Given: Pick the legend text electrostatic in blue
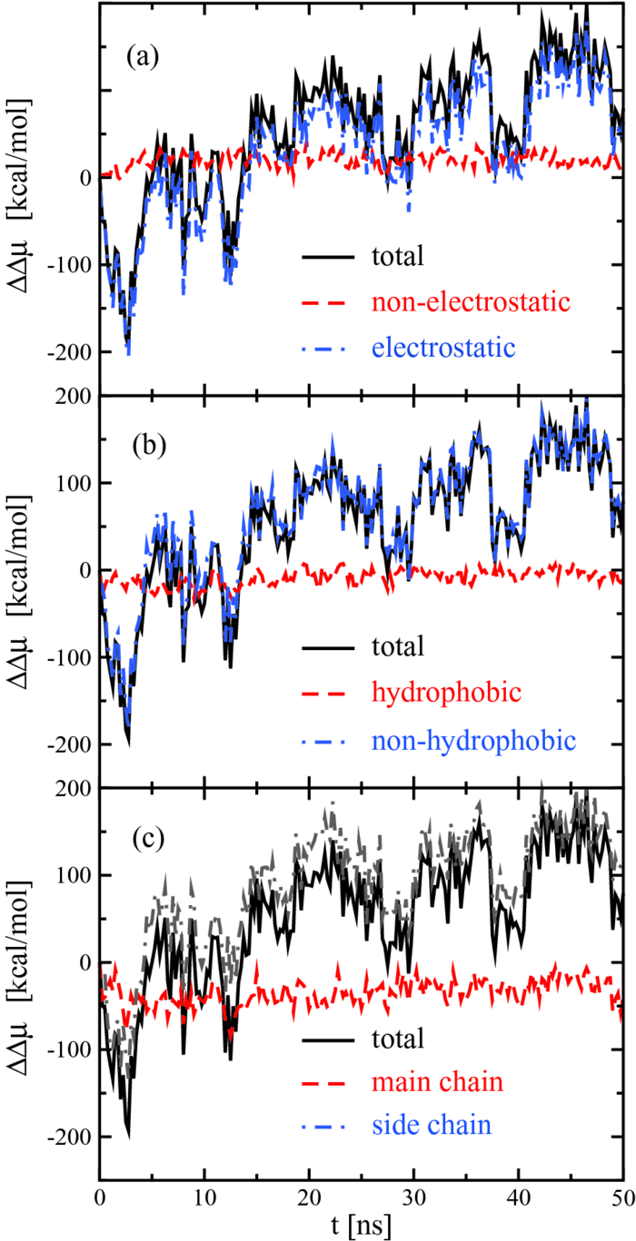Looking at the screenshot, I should (x=433, y=346).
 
